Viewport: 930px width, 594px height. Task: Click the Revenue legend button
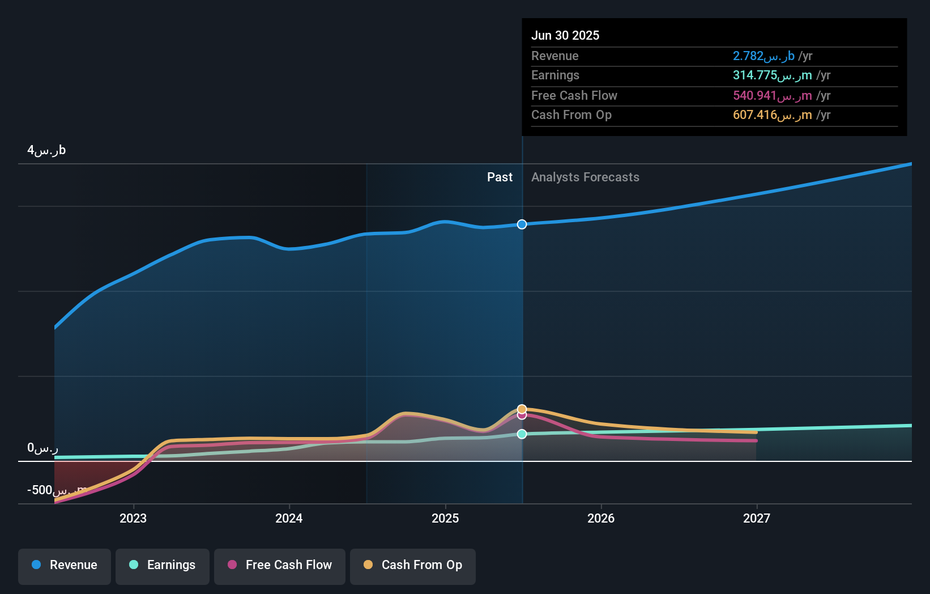click(65, 565)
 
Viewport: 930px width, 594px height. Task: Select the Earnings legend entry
click(163, 565)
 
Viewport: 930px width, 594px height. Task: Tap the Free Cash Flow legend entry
click(280, 565)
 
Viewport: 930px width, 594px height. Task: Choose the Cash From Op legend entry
click(413, 565)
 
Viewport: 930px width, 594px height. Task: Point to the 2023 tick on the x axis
click(133, 518)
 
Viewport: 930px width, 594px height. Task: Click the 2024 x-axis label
click(289, 518)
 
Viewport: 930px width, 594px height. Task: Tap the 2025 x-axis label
click(445, 518)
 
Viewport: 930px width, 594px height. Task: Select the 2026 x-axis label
click(601, 518)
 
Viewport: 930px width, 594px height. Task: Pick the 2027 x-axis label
click(757, 518)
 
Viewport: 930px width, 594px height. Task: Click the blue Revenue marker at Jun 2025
click(522, 224)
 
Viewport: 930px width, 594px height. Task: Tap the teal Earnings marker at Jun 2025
click(522, 434)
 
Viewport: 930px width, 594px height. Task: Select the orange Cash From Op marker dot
click(522, 409)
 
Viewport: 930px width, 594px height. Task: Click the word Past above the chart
click(500, 177)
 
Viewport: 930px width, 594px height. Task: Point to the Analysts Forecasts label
click(585, 177)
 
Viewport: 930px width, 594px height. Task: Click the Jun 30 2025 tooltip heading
click(565, 36)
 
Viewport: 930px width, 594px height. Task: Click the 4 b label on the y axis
click(46, 150)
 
